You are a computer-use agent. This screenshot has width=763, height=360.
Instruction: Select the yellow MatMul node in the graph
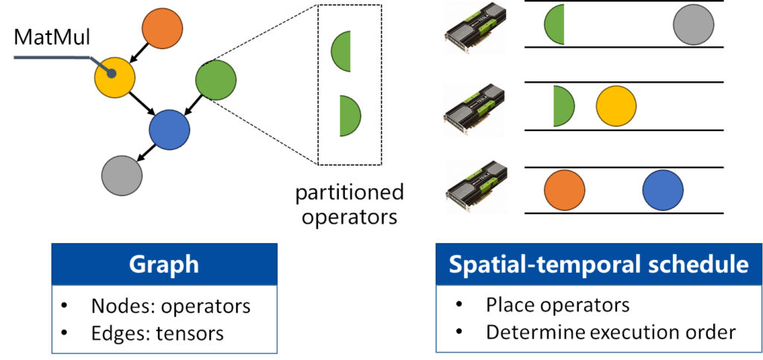point(114,75)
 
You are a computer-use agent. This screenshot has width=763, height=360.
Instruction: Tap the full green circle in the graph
point(215,78)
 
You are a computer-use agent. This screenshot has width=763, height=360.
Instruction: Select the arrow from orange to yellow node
point(139,52)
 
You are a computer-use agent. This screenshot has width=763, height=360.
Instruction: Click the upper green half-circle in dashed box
point(342,52)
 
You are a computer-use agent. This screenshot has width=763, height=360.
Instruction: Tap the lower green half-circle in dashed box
point(348,116)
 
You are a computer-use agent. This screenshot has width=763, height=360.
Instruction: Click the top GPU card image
point(474,28)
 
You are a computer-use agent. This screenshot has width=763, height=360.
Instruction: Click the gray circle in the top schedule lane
point(693,25)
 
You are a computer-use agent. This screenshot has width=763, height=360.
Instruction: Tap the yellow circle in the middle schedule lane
point(616,106)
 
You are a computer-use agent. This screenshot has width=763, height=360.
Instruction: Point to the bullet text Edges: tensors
point(156,332)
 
